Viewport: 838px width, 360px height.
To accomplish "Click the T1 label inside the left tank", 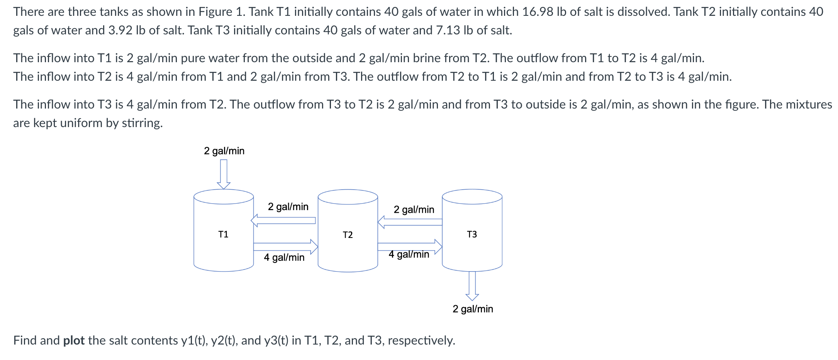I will coord(223,234).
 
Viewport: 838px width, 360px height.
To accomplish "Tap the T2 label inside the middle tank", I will coord(348,235).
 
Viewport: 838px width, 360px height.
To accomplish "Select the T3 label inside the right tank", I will coord(472,234).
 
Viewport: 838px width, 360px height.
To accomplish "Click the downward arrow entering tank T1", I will coord(224,174).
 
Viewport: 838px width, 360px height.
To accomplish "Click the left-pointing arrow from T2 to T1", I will coord(283,221).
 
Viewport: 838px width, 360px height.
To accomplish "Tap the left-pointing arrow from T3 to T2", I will coord(410,222).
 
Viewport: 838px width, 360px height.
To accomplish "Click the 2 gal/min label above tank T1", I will coord(224,151).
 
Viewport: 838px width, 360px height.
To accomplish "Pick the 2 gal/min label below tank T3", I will coord(473,309).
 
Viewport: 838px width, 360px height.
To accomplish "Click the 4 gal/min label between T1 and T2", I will coord(284,257).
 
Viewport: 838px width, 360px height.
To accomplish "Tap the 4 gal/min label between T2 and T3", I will coord(409,255).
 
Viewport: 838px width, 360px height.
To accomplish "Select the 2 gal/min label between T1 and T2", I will coord(288,207).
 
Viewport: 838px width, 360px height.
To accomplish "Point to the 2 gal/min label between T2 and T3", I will coord(414,209).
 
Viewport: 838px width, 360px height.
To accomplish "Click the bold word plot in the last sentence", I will coord(74,340).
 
